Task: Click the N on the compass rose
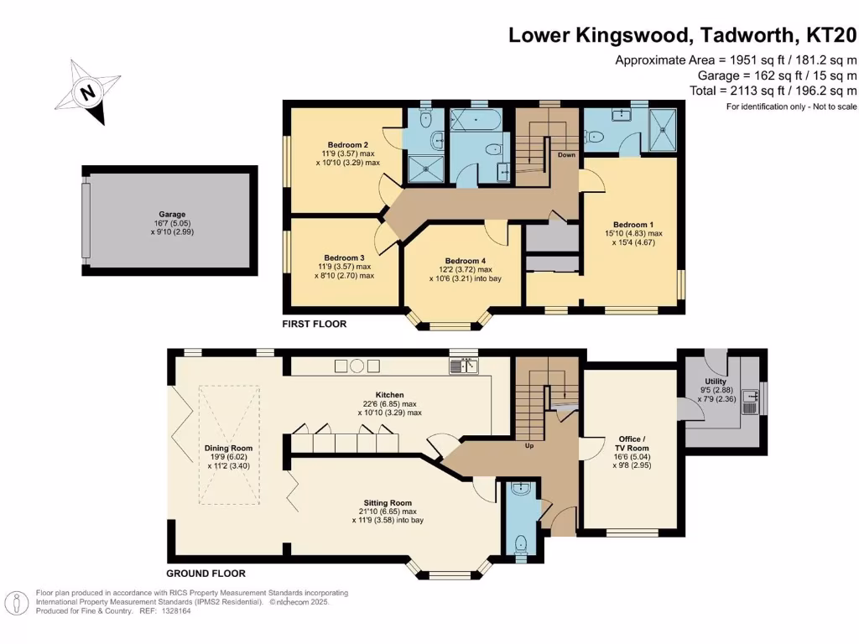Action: click(87, 91)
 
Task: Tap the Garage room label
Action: click(172, 214)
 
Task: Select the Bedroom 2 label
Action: click(348, 145)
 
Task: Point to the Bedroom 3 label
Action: click(344, 258)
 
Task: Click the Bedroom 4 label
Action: click(465, 261)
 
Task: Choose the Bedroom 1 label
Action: click(633, 225)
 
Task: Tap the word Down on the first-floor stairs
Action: click(566, 155)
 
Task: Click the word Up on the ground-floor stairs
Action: click(529, 446)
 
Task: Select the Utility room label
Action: click(716, 382)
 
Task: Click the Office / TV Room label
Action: click(632, 444)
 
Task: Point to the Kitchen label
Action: click(389, 395)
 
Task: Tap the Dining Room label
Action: click(228, 448)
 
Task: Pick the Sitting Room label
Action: click(388, 503)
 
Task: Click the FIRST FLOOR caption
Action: click(315, 324)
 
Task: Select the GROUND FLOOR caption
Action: click(206, 574)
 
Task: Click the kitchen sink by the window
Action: click(463, 366)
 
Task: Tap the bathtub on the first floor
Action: click(476, 120)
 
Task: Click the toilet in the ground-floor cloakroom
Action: click(520, 543)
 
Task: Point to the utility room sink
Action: click(751, 402)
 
